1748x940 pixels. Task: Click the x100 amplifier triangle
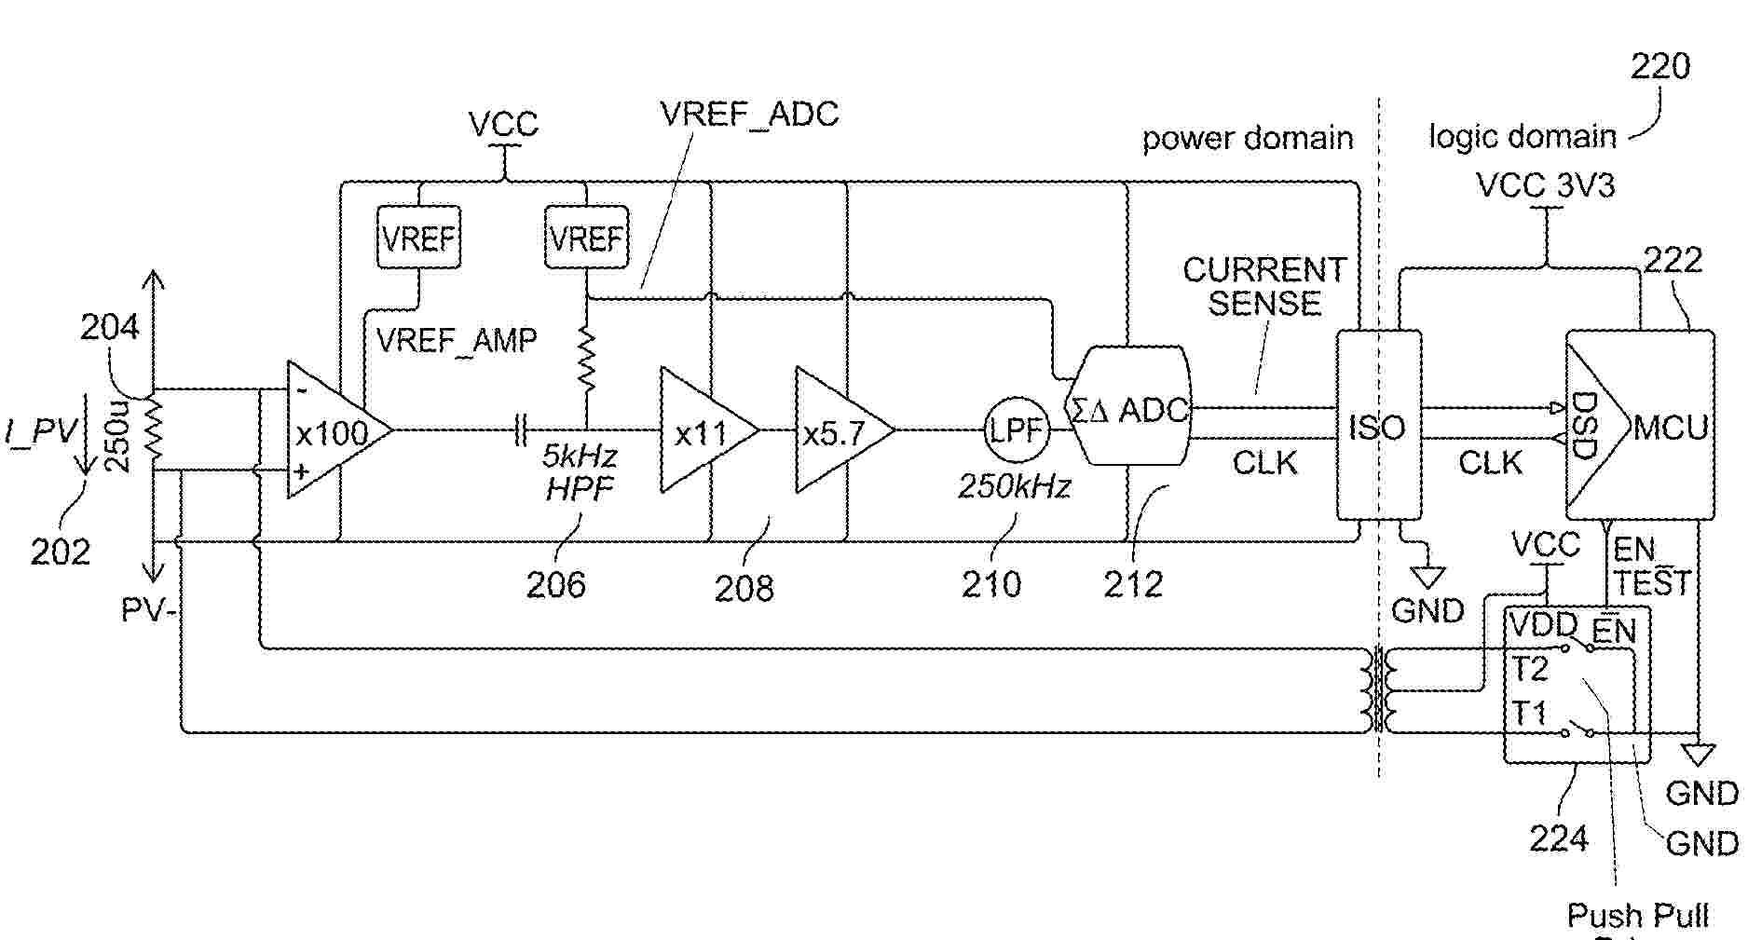(x=331, y=430)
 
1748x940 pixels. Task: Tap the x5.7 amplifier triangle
(x=838, y=430)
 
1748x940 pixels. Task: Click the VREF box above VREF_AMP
(x=418, y=238)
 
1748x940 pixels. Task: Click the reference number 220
(x=1659, y=66)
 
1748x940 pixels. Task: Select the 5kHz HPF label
(x=580, y=471)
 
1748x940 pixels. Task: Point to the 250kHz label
(x=1015, y=485)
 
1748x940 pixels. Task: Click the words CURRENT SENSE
(x=1264, y=286)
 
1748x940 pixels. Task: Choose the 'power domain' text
(x=1247, y=139)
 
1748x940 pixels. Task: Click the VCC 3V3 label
(x=1546, y=185)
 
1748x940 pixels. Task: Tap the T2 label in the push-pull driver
(x=1529, y=669)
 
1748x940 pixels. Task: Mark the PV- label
(x=149, y=610)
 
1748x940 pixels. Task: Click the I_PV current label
(x=42, y=430)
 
